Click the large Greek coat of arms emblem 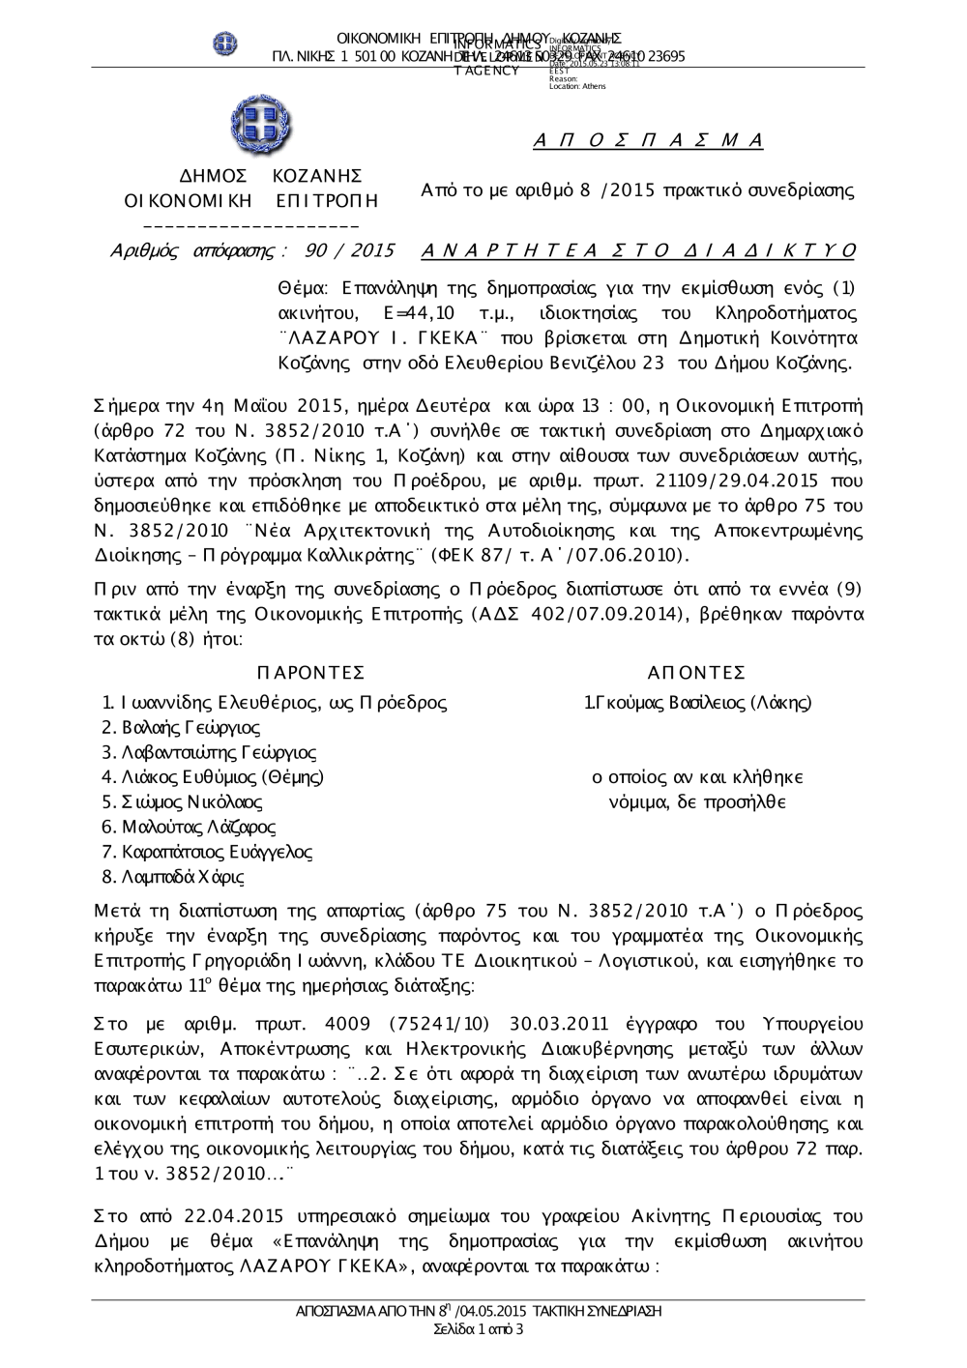pyautogui.click(x=261, y=127)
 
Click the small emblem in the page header pyautogui.click(x=225, y=44)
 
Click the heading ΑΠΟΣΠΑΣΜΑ pyautogui.click(x=648, y=141)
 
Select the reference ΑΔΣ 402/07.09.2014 pyautogui.click(x=589, y=615)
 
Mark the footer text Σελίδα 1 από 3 pyautogui.click(x=480, y=1329)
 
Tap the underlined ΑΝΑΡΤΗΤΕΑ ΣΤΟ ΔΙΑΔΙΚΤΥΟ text pyautogui.click(x=639, y=251)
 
